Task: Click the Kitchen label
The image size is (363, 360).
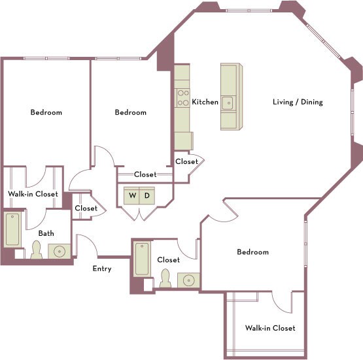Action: pos(205,102)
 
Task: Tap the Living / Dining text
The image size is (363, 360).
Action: pos(298,102)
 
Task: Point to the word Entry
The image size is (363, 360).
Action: pos(102,269)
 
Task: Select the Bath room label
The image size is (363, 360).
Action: pos(46,233)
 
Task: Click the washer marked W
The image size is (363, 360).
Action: pos(133,195)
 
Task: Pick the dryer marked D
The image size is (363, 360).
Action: pos(147,195)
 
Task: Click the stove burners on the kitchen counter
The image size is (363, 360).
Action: pos(181,98)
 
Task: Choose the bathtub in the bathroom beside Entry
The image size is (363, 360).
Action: pos(142,259)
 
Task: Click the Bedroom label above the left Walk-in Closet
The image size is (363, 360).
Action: pos(46,112)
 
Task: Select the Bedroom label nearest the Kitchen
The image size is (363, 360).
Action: pos(131,112)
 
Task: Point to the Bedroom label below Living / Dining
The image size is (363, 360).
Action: pos(252,252)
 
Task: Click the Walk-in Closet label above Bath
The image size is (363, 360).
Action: pos(33,194)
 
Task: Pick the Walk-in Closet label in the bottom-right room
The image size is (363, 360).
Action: pos(270,328)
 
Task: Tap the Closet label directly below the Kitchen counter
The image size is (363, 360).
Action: pos(186,161)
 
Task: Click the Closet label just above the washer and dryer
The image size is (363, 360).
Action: pos(145,174)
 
